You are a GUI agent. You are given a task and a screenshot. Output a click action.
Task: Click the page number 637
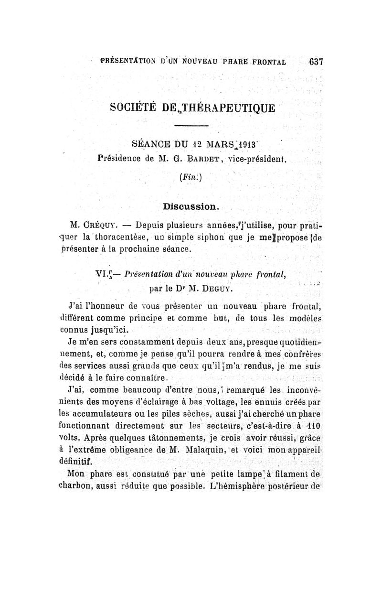point(316,62)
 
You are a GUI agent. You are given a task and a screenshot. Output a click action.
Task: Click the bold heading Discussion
point(190,207)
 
